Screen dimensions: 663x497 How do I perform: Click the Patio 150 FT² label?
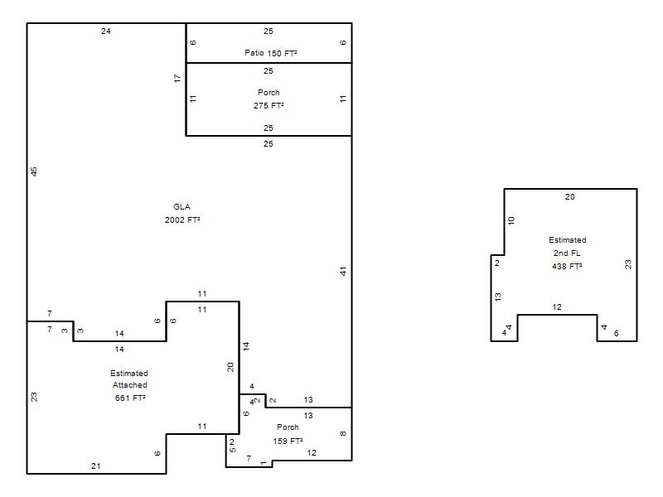tap(271, 53)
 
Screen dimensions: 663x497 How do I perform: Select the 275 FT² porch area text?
tap(269, 106)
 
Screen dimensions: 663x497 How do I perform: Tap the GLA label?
tap(181, 206)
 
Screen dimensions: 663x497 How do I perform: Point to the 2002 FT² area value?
tap(182, 220)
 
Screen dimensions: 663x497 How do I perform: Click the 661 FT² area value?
tap(130, 398)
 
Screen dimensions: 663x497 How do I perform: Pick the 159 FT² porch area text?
tap(288, 442)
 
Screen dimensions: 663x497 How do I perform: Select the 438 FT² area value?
tap(567, 266)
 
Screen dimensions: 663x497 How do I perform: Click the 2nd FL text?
tap(567, 253)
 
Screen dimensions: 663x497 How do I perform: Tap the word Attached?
tap(130, 385)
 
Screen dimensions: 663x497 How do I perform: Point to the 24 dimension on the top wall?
tap(106, 31)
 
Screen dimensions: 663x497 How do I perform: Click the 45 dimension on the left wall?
tap(34, 171)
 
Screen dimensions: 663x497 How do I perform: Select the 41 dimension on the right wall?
tap(343, 271)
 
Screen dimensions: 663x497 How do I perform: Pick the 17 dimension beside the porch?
tap(177, 78)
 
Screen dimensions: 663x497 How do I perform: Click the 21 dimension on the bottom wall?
tap(96, 466)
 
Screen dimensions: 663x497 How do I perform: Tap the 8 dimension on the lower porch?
tap(343, 433)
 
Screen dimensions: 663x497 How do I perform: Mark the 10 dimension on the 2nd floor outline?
tap(511, 220)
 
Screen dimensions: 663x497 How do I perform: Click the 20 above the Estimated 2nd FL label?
tap(570, 196)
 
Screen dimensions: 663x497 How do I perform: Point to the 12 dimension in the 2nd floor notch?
tap(557, 307)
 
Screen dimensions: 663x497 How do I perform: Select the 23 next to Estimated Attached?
tap(34, 397)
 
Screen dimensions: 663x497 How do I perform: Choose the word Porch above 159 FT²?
tap(288, 427)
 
